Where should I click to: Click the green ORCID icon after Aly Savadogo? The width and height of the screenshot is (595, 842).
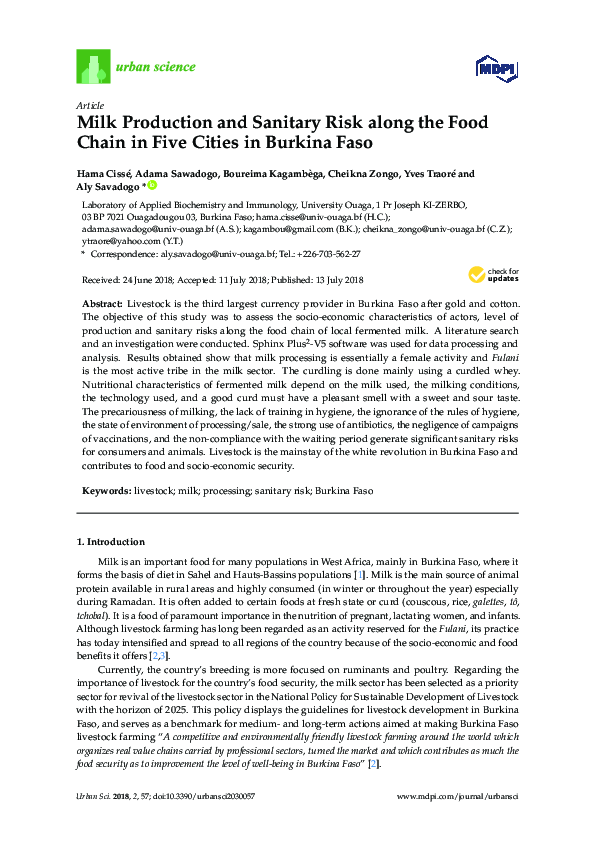tap(154, 186)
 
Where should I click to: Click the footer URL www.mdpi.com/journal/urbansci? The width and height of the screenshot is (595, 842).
tap(457, 795)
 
